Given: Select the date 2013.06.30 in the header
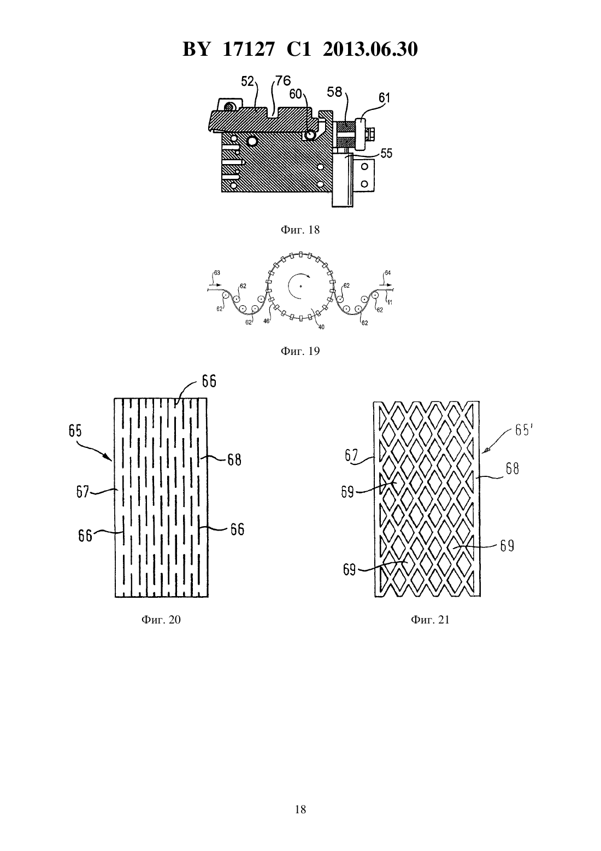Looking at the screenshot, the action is pos(370,49).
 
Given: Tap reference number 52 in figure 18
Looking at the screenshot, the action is pos(247,81).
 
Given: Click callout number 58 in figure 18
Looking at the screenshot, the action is pos(334,92).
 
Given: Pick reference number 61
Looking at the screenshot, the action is pos(384,98).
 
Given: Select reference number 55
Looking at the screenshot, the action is pos(386,154).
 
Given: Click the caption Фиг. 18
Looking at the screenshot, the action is pos(300,230).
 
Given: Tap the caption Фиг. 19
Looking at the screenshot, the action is pos(300,351).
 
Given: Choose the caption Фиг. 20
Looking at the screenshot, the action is pos(161,620).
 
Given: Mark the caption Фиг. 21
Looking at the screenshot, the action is pos(431,620).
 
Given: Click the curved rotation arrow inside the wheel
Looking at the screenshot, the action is pos(297,285).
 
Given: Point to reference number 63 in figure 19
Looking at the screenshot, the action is pos(217,273).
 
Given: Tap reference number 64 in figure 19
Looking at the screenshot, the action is pos(387,273).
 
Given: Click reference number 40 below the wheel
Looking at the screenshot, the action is pos(321,327).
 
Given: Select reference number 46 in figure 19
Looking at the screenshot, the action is pos(267,321).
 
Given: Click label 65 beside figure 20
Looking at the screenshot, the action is pos(75,432).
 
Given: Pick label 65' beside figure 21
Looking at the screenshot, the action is pos(523,430).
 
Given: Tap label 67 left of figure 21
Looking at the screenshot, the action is pos(351,455).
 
